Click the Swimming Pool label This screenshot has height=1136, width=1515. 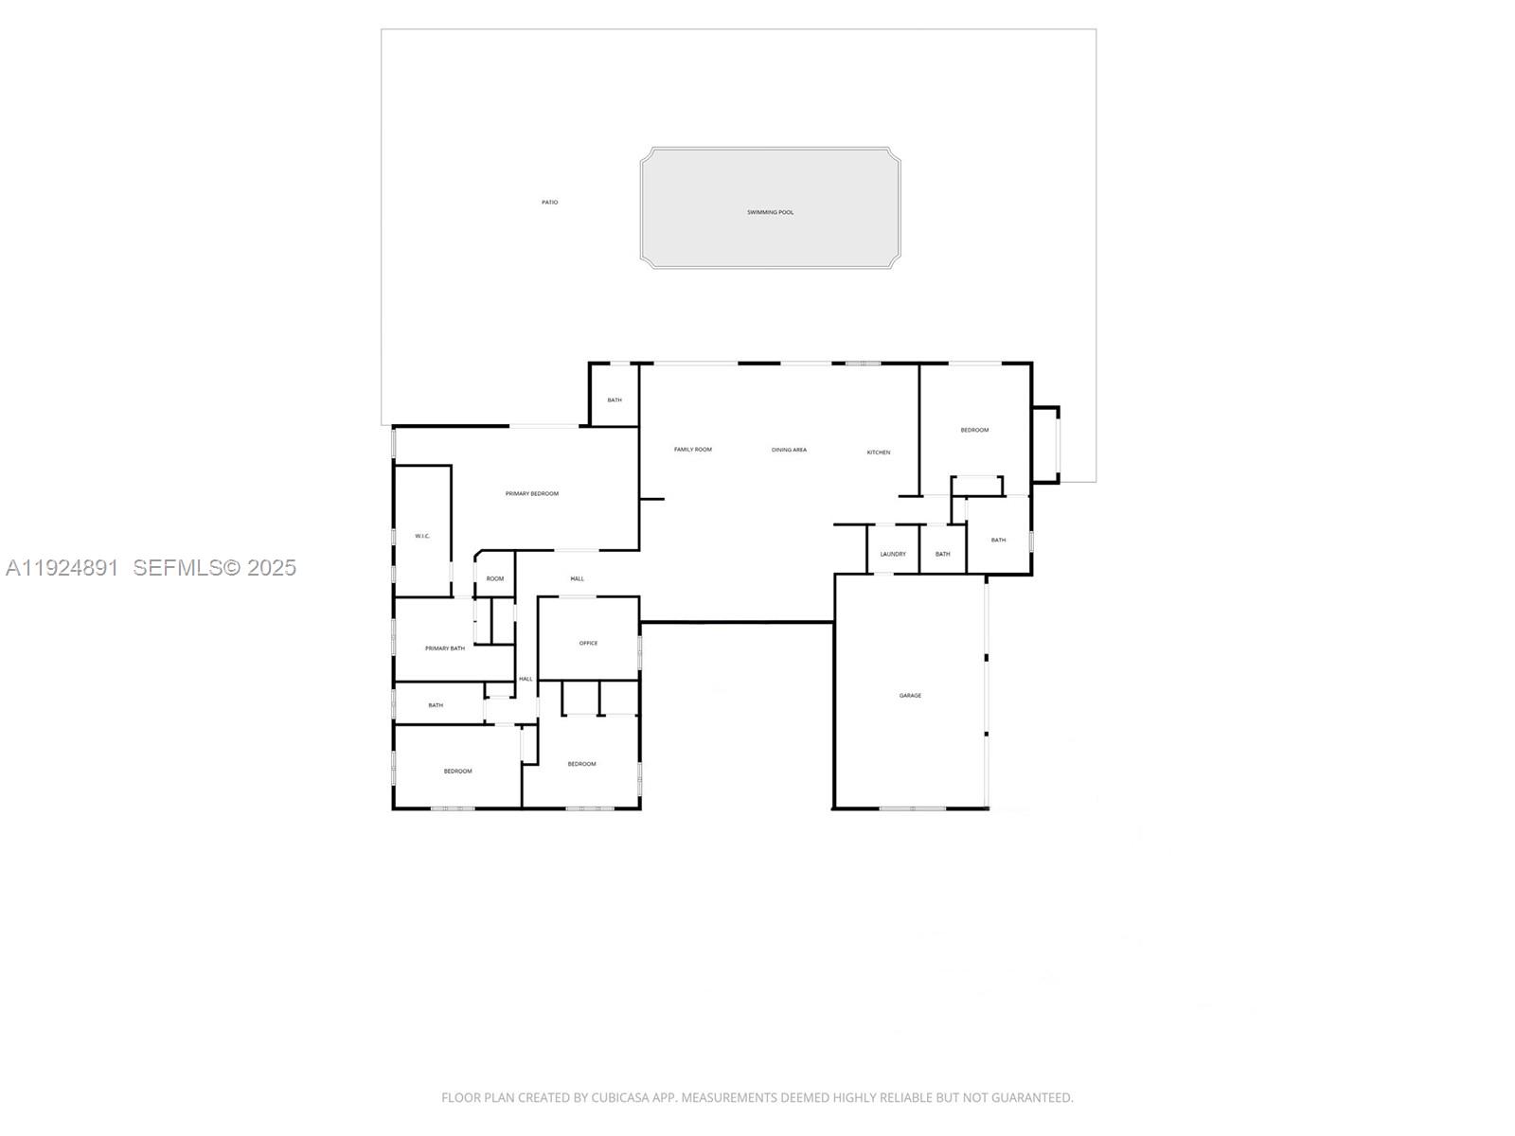(770, 212)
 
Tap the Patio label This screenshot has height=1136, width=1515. (549, 202)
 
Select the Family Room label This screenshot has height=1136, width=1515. (692, 449)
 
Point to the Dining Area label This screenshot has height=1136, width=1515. (789, 450)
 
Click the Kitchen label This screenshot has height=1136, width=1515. (878, 453)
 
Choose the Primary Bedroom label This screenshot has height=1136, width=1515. (531, 493)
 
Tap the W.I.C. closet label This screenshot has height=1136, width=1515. (422, 536)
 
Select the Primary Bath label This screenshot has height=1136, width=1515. (444, 648)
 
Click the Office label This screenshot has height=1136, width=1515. (588, 643)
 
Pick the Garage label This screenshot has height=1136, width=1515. (910, 696)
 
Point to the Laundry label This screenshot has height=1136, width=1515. (892, 554)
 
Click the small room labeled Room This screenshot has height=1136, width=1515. (495, 578)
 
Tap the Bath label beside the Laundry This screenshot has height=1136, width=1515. (942, 554)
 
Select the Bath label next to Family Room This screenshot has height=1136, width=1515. (615, 399)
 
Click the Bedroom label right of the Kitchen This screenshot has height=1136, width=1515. (974, 430)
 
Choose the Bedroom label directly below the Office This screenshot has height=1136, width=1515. (581, 764)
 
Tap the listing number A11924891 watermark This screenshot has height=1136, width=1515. (62, 567)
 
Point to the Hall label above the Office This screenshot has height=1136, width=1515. (577, 578)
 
